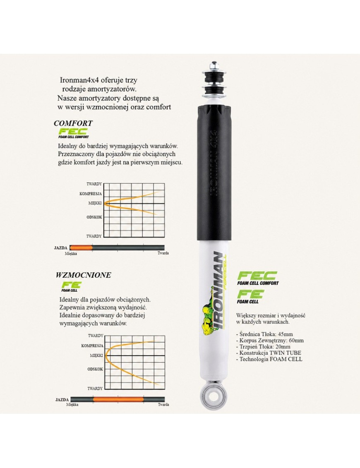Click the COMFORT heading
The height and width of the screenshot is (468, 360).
click(73, 123)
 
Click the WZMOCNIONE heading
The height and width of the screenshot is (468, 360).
click(83, 275)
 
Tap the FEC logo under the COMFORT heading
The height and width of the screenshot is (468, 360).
click(73, 133)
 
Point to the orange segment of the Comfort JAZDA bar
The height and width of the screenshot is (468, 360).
click(81, 248)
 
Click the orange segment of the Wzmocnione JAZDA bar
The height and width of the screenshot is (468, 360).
click(118, 399)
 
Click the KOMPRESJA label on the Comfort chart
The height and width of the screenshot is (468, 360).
click(91, 194)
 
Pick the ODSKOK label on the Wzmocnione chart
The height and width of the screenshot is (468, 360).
click(95, 369)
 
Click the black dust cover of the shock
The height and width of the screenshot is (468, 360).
click(214, 172)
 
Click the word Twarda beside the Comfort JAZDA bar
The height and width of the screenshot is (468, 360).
click(163, 253)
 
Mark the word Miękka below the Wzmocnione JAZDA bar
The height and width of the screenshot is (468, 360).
click(72, 405)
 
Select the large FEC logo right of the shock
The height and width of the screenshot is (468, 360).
click(258, 278)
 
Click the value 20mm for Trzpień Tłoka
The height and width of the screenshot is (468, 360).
click(283, 346)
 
